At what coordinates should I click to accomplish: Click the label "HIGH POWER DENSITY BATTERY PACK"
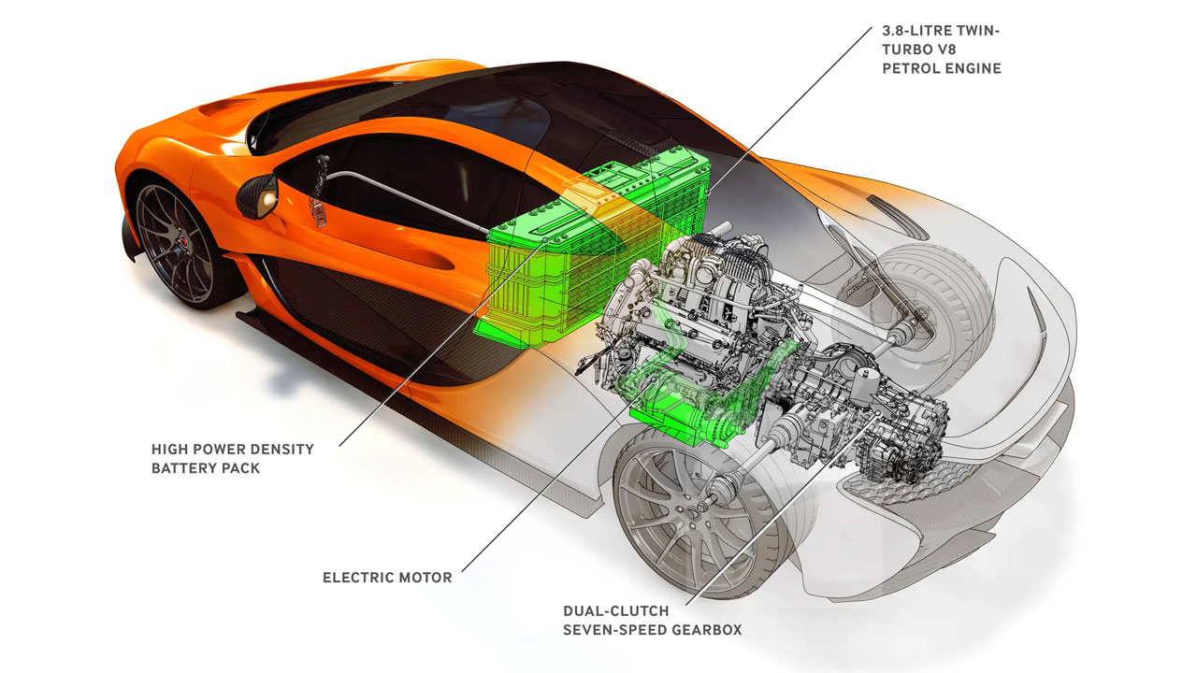pyautogui.click(x=233, y=458)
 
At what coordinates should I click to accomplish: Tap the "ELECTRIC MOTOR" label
pyautogui.click(x=387, y=578)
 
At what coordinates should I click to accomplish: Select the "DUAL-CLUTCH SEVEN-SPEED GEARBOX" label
pyautogui.click(x=653, y=620)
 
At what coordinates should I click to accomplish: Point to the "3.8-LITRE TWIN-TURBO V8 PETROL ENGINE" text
pyautogui.click(x=942, y=50)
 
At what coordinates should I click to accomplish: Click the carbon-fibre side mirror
pyautogui.click(x=257, y=196)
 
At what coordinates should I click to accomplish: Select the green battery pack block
pyautogui.click(x=593, y=251)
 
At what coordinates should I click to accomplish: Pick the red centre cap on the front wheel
pyautogui.click(x=182, y=243)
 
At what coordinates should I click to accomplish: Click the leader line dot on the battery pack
pyautogui.click(x=545, y=240)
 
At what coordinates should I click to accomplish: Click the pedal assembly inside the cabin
pyautogui.click(x=320, y=193)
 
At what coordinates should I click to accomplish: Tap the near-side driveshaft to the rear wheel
pyautogui.click(x=748, y=459)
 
